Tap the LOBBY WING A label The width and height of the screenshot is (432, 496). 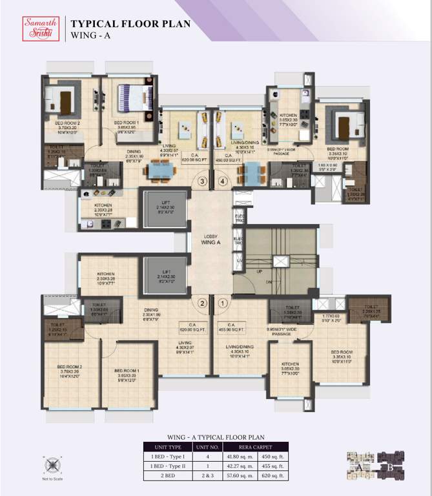(210, 239)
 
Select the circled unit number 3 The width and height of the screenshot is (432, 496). (202, 181)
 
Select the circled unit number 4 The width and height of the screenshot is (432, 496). (223, 181)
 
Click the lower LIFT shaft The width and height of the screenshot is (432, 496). (166, 276)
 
